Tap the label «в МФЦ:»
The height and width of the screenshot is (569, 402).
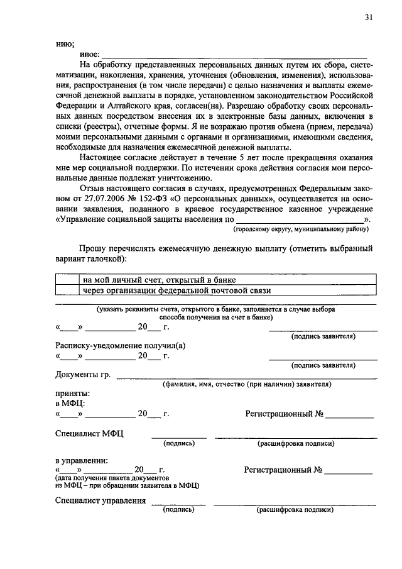click(70, 403)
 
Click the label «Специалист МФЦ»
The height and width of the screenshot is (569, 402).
click(89, 434)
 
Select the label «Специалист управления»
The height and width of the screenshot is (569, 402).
click(100, 500)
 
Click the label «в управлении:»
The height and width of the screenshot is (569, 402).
click(81, 460)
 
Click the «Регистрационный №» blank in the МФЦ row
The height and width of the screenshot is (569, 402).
click(349, 415)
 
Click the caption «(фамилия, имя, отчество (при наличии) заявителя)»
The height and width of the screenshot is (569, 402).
click(247, 384)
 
